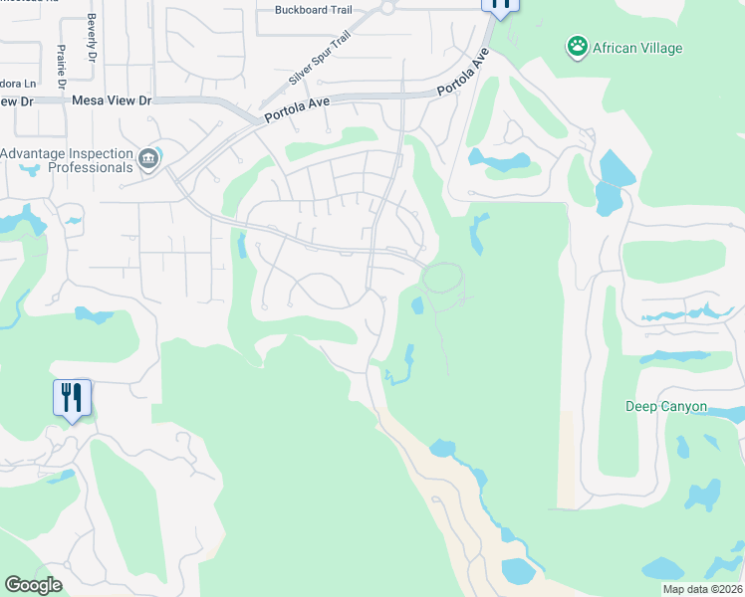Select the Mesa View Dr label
click(x=111, y=101)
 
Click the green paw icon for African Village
click(x=576, y=46)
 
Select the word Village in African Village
click(x=653, y=47)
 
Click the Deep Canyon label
click(x=666, y=407)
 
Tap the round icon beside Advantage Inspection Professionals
click(x=148, y=160)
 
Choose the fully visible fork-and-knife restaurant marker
click(x=72, y=398)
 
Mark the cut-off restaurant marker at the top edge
click(x=500, y=4)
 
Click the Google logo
click(x=33, y=585)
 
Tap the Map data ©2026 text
click(x=702, y=589)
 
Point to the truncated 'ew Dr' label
click(x=17, y=101)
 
